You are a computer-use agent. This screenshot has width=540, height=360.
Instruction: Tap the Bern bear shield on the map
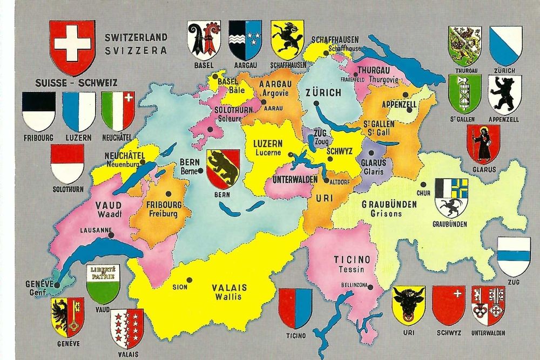(x=223, y=169)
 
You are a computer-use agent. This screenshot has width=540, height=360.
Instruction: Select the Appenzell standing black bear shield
(x=504, y=94)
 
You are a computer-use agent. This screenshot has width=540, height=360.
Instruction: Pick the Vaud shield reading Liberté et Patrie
(x=103, y=283)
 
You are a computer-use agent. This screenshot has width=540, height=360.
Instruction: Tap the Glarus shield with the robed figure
(x=483, y=143)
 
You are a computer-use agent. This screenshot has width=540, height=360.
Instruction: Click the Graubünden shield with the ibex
(x=451, y=198)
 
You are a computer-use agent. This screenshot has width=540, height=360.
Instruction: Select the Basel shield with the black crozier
(x=204, y=40)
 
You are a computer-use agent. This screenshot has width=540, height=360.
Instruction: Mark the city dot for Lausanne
(x=112, y=236)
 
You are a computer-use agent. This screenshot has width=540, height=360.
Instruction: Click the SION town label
(x=180, y=287)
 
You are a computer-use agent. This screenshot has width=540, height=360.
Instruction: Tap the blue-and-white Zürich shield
(x=505, y=45)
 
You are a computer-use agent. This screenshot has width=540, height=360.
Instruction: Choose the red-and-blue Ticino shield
(x=295, y=308)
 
